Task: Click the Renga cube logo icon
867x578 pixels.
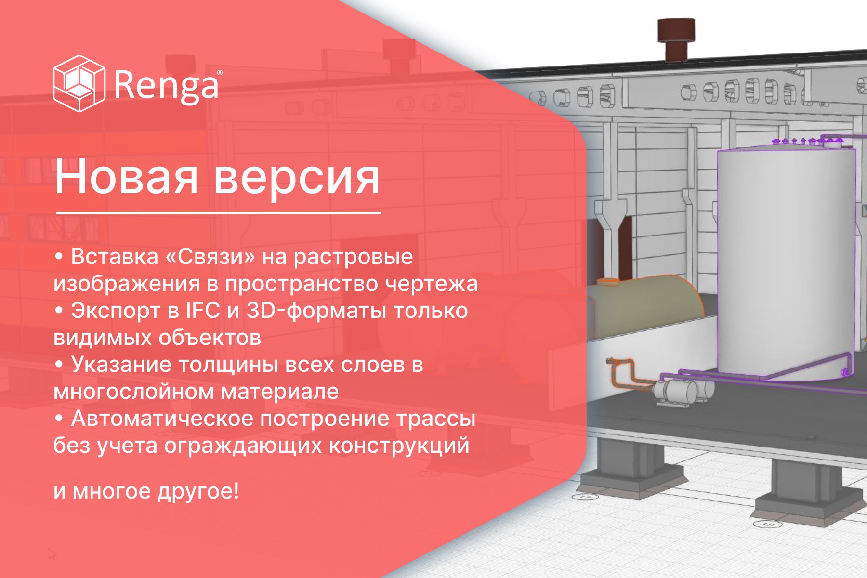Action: tap(79, 83)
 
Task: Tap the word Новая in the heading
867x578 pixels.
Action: tap(126, 177)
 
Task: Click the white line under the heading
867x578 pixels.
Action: tap(219, 212)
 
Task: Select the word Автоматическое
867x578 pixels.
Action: tap(163, 419)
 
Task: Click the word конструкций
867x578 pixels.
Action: tap(399, 445)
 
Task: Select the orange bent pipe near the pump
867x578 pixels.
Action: tap(626, 373)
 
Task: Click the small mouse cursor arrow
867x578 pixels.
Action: tap(52, 553)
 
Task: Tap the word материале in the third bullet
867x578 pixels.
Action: tap(280, 392)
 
